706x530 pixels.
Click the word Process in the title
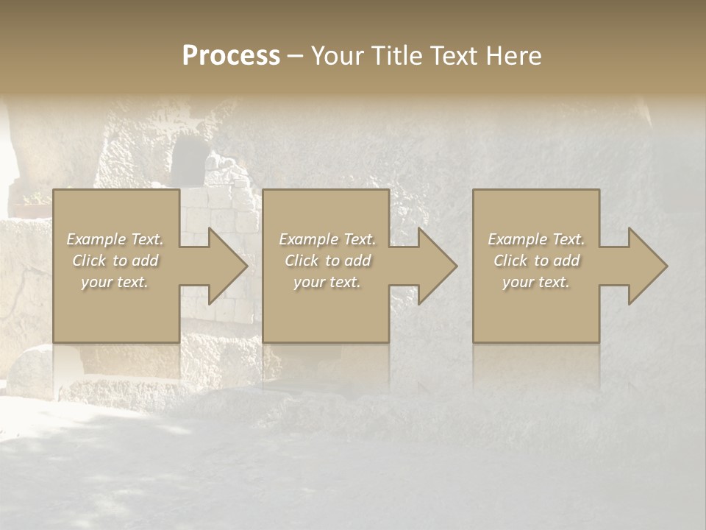coord(231,56)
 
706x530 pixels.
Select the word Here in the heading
coord(514,56)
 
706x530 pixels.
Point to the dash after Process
coord(295,57)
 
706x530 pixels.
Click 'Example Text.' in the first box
coord(115,239)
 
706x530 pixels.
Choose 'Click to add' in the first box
coord(115,261)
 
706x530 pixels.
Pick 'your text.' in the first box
coord(115,282)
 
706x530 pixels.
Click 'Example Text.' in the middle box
coord(327,239)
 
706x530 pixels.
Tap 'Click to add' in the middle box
coord(327,261)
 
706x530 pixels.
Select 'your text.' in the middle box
coord(327,282)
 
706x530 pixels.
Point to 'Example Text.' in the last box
coord(536,239)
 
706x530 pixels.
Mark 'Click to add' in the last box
coord(536,261)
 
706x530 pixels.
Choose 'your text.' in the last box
coord(536,282)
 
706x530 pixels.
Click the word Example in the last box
coord(517,239)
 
